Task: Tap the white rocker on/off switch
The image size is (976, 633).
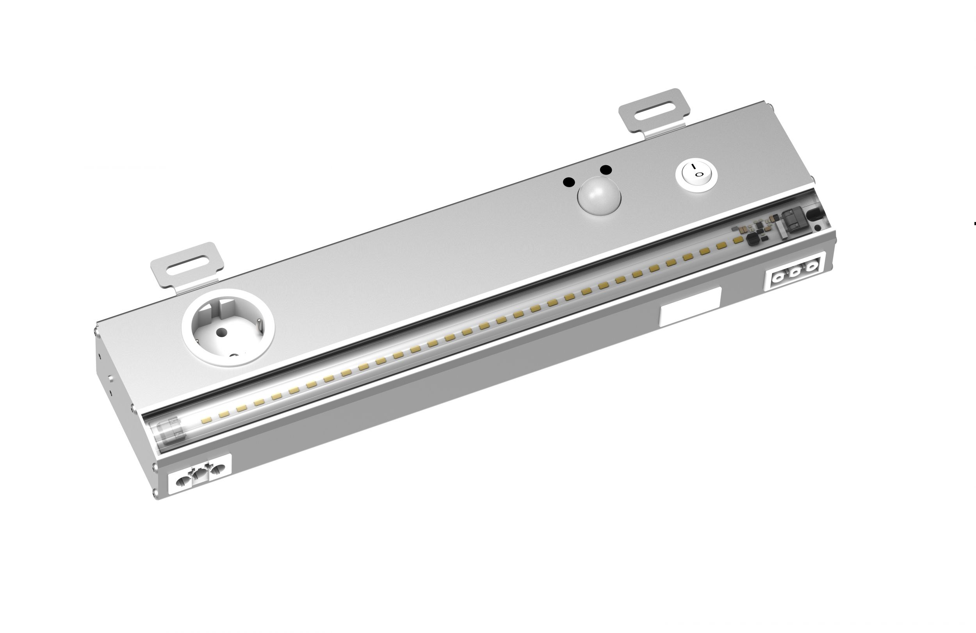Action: (x=696, y=175)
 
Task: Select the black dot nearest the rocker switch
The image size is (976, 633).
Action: (x=606, y=170)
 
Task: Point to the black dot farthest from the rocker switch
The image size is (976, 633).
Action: (x=569, y=182)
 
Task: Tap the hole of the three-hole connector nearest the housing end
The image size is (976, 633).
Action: (x=811, y=267)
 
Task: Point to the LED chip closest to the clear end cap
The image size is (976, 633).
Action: (x=206, y=420)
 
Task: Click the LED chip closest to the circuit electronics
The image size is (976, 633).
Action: (x=738, y=239)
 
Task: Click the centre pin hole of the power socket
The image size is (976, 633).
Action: (x=222, y=332)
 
